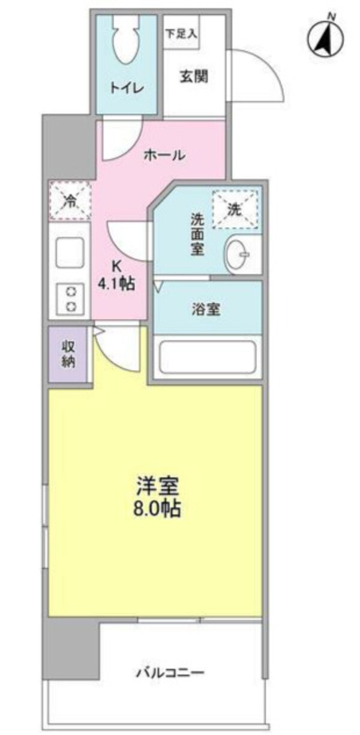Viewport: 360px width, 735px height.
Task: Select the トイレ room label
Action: (x=126, y=88)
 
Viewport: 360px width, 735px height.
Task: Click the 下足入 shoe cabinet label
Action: (x=181, y=34)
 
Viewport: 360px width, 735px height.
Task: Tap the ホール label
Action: (x=163, y=155)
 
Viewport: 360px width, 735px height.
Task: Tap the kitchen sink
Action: (x=70, y=254)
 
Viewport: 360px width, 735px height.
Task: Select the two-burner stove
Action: (x=70, y=299)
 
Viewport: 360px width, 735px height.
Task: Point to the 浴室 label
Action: (x=206, y=310)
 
